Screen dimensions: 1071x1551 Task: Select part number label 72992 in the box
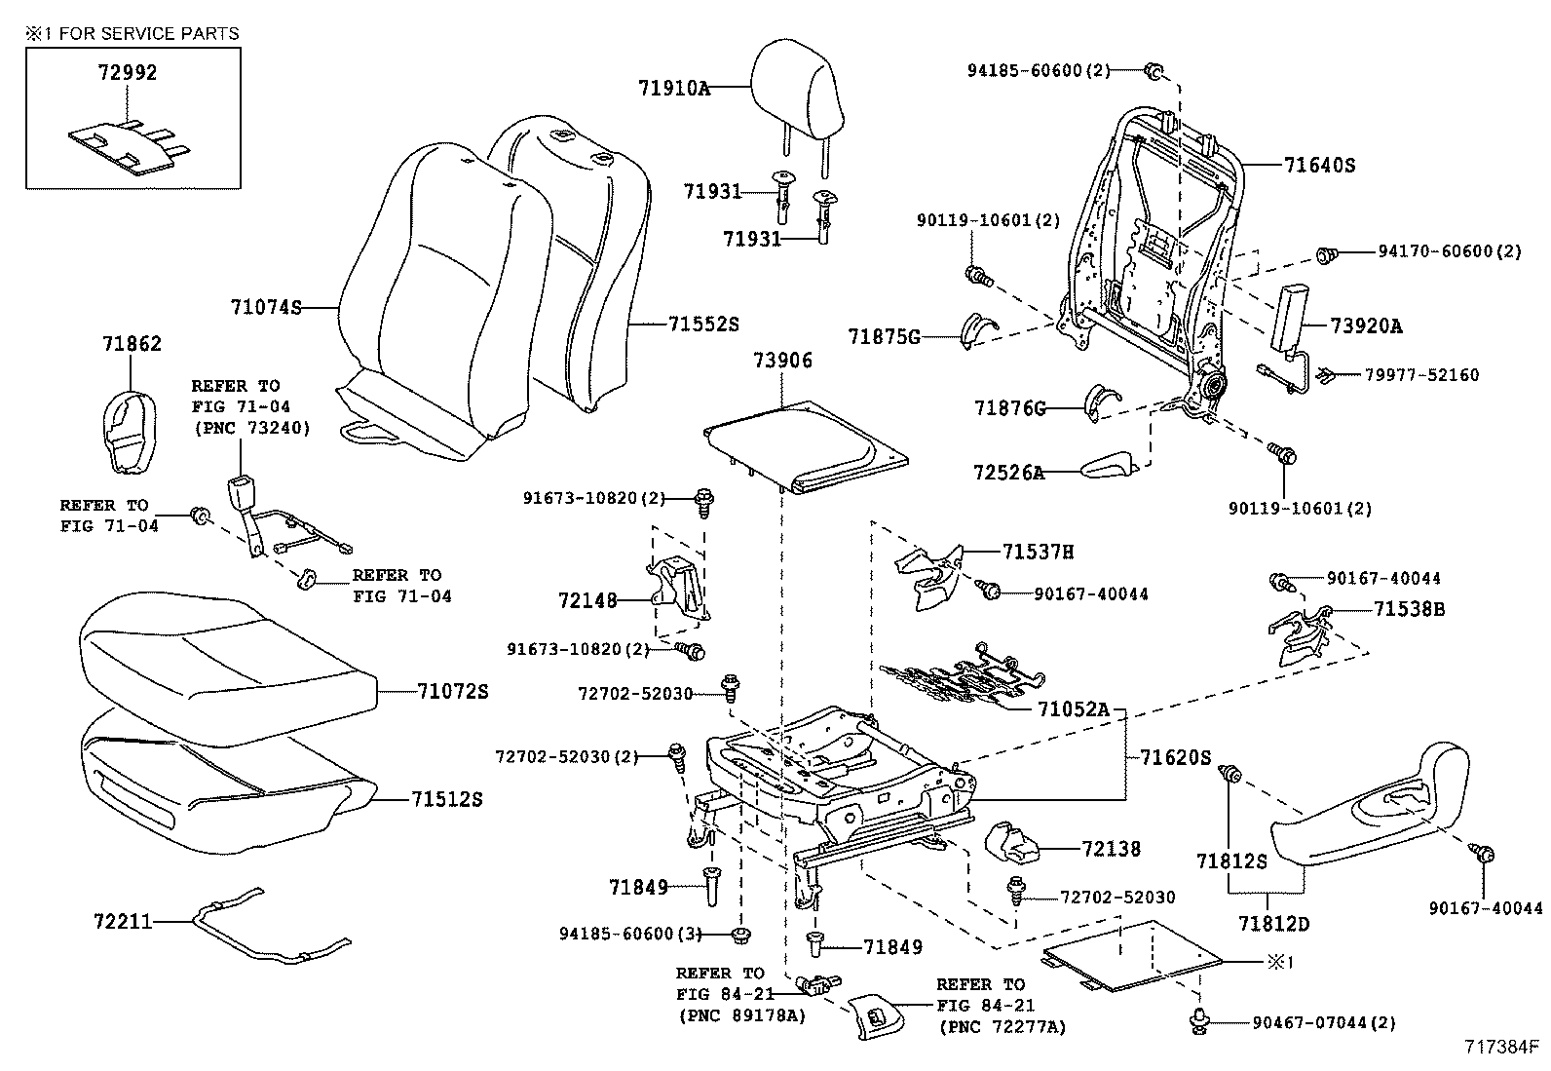pos(127,73)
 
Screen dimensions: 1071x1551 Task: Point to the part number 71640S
pos(1319,166)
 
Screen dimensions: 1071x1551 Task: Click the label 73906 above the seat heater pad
pos(782,361)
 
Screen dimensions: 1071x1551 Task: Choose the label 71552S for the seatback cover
pos(703,325)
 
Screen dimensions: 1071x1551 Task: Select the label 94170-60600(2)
pos(1449,251)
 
